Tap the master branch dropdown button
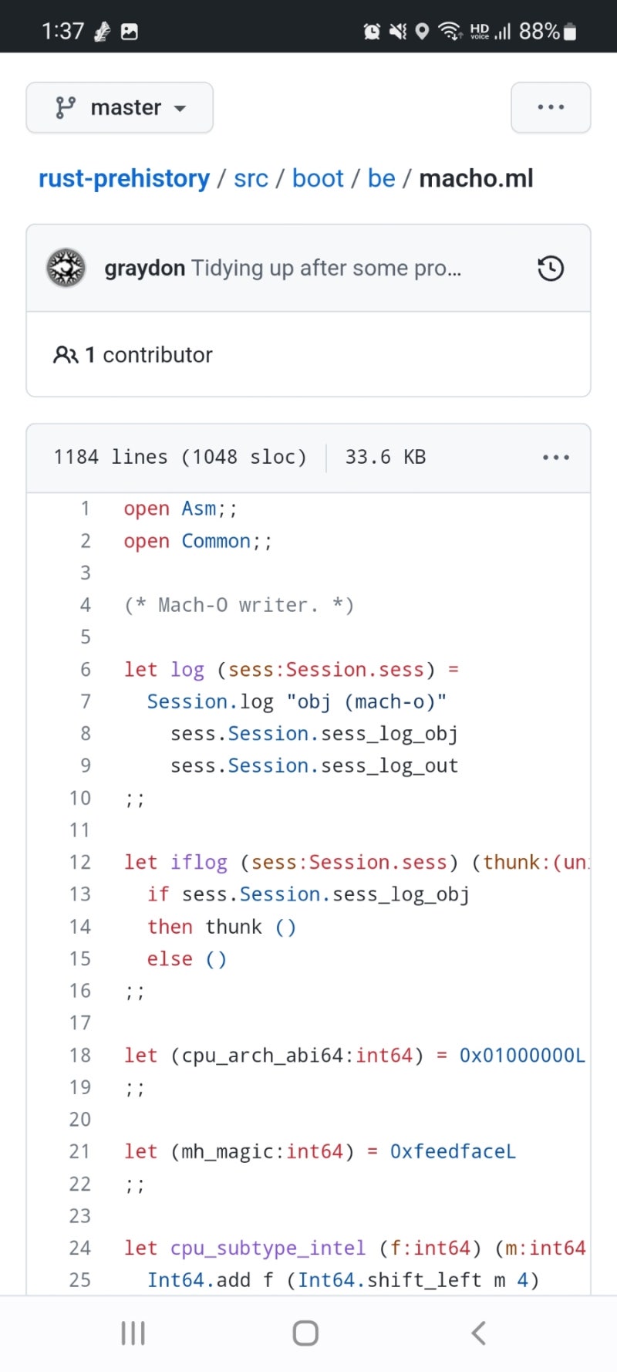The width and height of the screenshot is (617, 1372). click(x=120, y=108)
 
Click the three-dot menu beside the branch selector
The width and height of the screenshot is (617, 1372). click(x=551, y=108)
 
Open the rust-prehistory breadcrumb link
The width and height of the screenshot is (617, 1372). click(x=124, y=179)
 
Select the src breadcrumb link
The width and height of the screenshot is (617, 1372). click(x=251, y=179)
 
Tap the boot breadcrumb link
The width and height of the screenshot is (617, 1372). click(x=318, y=179)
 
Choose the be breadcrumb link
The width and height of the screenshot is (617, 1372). click(x=381, y=179)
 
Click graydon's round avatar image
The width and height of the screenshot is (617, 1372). click(x=66, y=269)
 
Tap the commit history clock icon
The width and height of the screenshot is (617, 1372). click(x=551, y=269)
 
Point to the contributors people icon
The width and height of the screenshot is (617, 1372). click(x=66, y=355)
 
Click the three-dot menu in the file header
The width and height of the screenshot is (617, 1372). click(x=555, y=458)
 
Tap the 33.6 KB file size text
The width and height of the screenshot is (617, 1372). click(x=385, y=458)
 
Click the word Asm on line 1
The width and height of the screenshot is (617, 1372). click(x=199, y=509)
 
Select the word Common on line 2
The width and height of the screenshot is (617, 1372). click(x=216, y=542)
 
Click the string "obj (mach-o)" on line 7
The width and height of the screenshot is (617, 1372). click(x=366, y=702)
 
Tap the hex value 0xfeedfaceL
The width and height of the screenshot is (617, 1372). click(x=453, y=1152)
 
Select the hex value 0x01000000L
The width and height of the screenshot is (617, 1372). click(x=522, y=1056)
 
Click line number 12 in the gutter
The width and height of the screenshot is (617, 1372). click(x=80, y=863)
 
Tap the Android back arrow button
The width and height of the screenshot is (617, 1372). click(x=478, y=1333)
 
